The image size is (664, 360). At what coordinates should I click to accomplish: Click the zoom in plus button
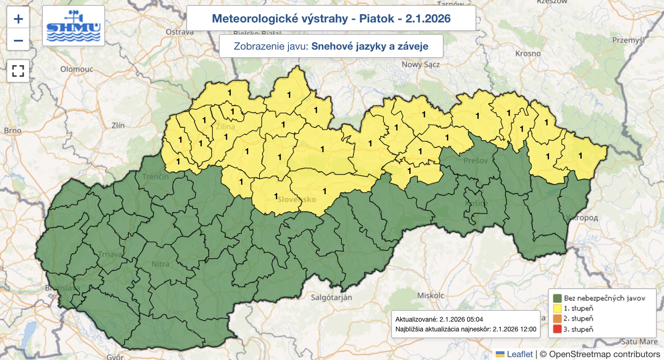click(x=18, y=19)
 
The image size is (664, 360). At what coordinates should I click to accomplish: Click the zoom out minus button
click(x=18, y=40)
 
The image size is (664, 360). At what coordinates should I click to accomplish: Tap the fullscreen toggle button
click(x=18, y=71)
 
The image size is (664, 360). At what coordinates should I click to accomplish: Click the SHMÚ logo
click(x=73, y=26)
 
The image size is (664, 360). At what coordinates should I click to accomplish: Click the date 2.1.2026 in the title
click(x=428, y=19)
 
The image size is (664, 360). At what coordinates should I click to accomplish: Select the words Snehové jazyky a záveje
click(x=369, y=46)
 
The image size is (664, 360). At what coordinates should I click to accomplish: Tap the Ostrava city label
click(x=179, y=32)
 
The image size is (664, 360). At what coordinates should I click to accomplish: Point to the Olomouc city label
click(x=77, y=69)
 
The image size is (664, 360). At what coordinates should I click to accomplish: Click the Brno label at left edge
click(x=12, y=131)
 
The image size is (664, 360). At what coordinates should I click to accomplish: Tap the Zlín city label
click(x=118, y=125)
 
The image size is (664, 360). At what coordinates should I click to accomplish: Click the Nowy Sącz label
click(x=420, y=64)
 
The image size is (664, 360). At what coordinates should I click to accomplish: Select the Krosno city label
click(x=528, y=54)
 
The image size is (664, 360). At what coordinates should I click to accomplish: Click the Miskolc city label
click(x=430, y=295)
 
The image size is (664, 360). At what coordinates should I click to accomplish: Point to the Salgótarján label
click(x=331, y=297)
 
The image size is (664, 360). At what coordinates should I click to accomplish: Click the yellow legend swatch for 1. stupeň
click(x=557, y=308)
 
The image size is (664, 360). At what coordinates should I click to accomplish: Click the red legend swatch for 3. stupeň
click(x=557, y=329)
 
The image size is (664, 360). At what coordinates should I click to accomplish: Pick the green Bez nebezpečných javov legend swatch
click(x=557, y=298)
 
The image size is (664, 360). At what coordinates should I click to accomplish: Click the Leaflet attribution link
click(x=519, y=354)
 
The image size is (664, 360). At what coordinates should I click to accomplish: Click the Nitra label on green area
click(x=160, y=264)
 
